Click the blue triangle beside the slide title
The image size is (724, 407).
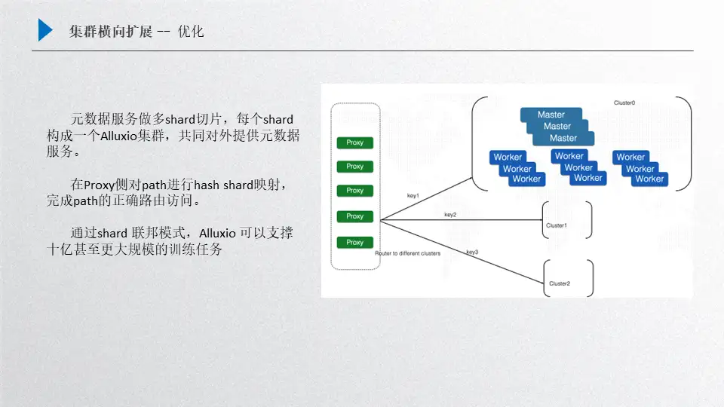tap(45, 30)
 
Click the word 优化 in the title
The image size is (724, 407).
tap(191, 31)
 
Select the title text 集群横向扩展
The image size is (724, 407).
tap(110, 31)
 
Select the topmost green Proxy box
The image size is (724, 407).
tap(354, 142)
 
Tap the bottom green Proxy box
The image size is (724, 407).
tap(354, 243)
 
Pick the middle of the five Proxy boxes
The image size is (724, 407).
tap(354, 191)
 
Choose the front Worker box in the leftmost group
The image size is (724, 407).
tap(526, 179)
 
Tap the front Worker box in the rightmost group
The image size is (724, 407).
tap(649, 179)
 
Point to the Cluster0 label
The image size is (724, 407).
tap(624, 103)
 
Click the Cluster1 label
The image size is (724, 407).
tap(557, 225)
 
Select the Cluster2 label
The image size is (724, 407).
tap(560, 283)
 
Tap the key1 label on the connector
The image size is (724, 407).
tap(413, 196)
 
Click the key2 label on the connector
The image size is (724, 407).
tap(450, 215)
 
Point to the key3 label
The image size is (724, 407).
tap(472, 252)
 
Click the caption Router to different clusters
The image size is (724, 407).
tap(407, 254)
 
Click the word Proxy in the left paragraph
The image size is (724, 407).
tap(98, 185)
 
